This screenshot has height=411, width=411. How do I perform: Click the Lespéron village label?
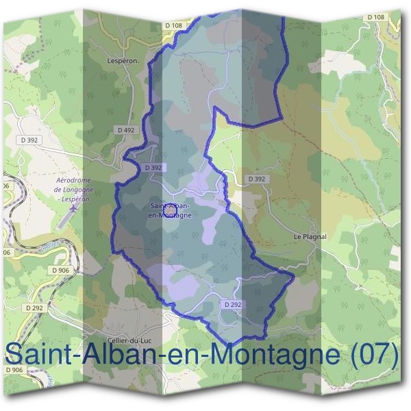[x=123, y=60]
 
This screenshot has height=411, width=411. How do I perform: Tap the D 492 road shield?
[x=125, y=129]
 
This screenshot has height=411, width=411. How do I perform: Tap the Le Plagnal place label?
[x=310, y=236]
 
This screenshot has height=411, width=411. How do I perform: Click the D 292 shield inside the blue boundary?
[x=232, y=303]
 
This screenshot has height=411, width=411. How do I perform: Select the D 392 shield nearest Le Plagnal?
[x=256, y=179]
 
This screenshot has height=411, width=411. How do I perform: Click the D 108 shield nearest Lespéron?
[x=174, y=25]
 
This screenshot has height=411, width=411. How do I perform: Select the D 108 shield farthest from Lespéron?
[x=375, y=16]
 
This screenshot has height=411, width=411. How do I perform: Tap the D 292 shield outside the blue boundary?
[x=36, y=308]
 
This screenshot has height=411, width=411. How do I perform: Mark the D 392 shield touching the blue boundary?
[x=153, y=167]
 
